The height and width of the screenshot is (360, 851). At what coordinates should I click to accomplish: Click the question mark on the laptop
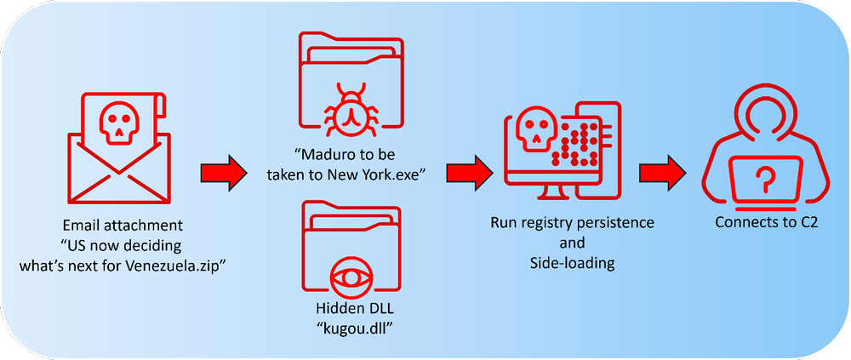click(x=767, y=178)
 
